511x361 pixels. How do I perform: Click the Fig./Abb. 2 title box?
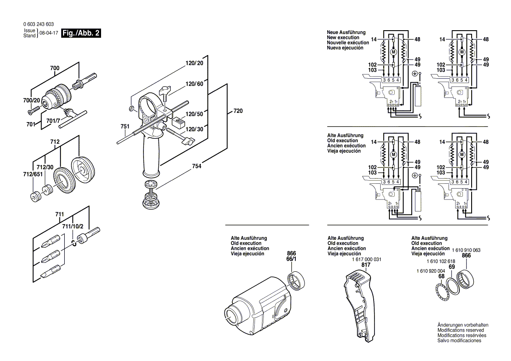click(x=81, y=33)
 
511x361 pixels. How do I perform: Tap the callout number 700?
click(x=55, y=68)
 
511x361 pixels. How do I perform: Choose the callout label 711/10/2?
click(x=73, y=226)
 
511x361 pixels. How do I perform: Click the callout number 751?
click(x=125, y=126)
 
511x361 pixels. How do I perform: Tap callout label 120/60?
click(x=194, y=84)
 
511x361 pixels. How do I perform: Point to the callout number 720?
click(x=238, y=111)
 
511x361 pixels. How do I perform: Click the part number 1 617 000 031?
click(x=366, y=259)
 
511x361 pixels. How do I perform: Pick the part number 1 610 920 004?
click(x=430, y=271)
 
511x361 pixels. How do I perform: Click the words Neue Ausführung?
click(x=346, y=32)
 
